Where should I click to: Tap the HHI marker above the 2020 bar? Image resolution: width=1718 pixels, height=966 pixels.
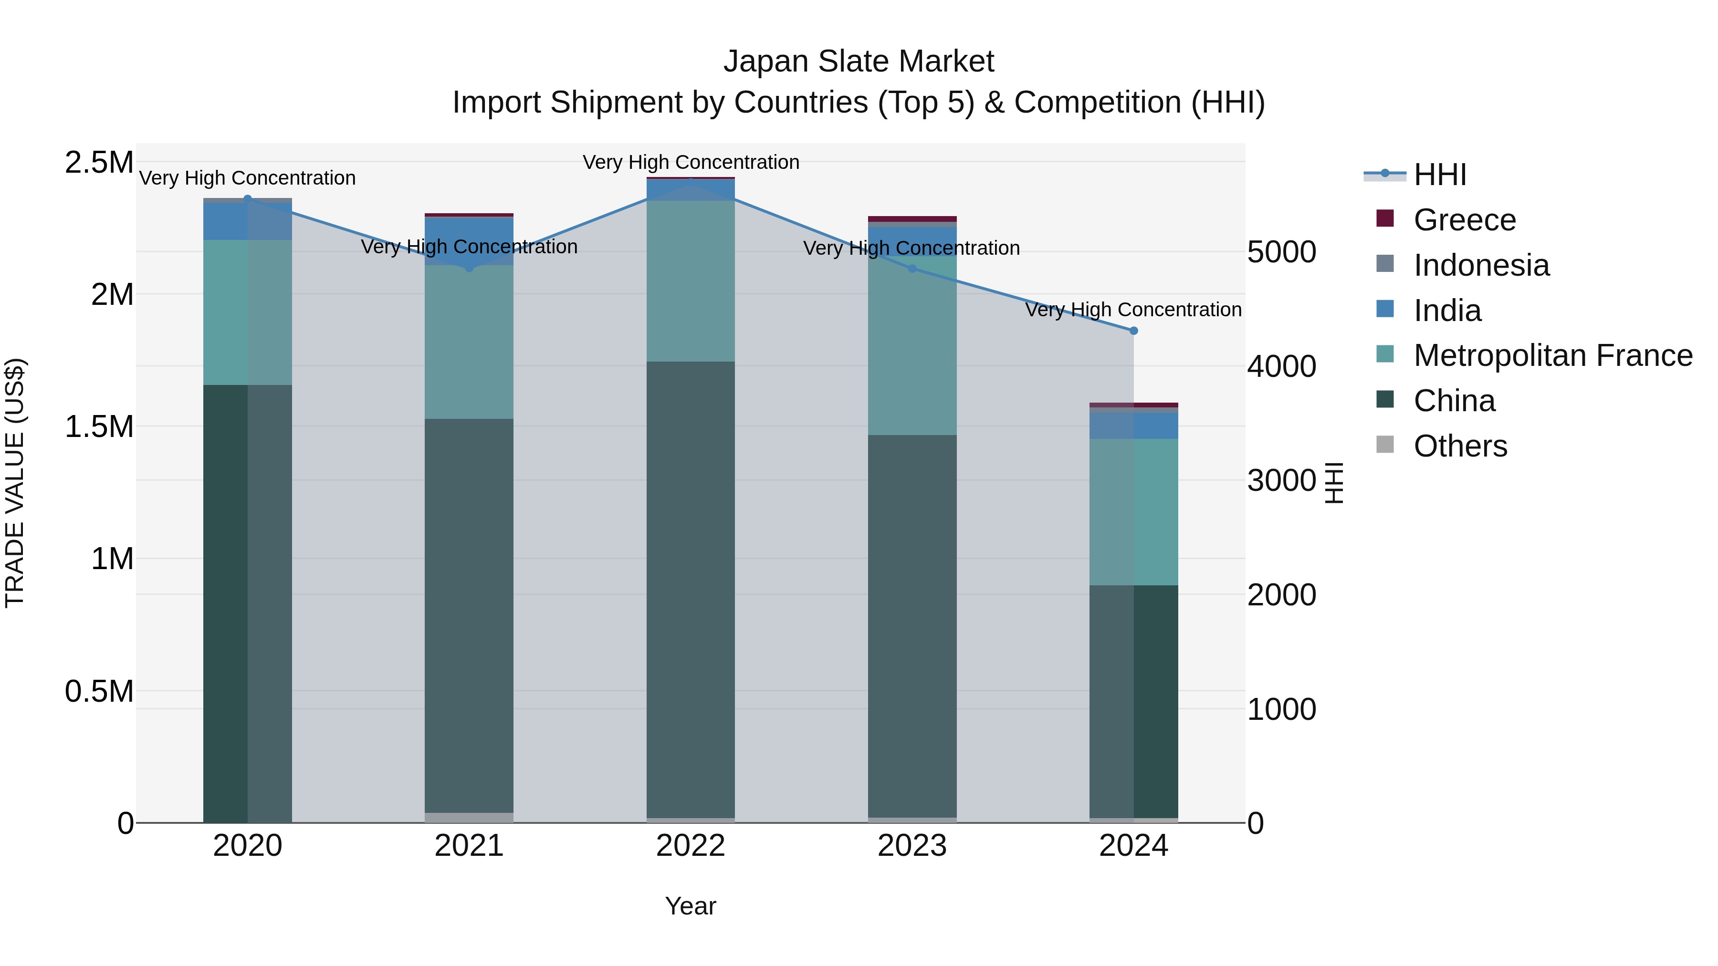pos(247,198)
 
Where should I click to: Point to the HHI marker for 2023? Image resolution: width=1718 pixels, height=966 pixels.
pos(912,269)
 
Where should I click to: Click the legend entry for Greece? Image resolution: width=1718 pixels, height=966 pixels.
pos(1464,220)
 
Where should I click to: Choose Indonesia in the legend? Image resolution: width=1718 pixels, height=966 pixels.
pos(1480,265)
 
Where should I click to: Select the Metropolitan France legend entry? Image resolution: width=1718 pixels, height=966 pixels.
pos(1552,355)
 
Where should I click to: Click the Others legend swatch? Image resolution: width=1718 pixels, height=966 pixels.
pos(1385,445)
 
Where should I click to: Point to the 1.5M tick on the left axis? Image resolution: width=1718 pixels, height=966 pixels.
pos(99,426)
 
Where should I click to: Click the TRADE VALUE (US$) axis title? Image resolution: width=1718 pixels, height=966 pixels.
pos(15,483)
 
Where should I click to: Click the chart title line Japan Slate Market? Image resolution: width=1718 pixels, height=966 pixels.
pos(859,62)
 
